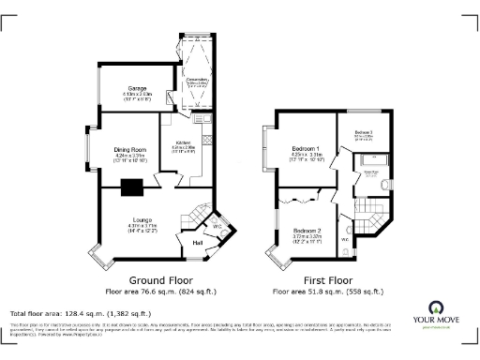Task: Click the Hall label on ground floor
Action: (198, 244)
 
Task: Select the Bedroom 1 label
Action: (306, 150)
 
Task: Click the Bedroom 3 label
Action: (363, 133)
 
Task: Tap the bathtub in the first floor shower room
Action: (369, 163)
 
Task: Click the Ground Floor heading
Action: (155, 280)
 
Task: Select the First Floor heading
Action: (327, 280)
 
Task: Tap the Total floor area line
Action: (80, 313)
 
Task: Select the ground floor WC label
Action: (215, 226)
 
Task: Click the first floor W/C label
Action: (344, 240)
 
